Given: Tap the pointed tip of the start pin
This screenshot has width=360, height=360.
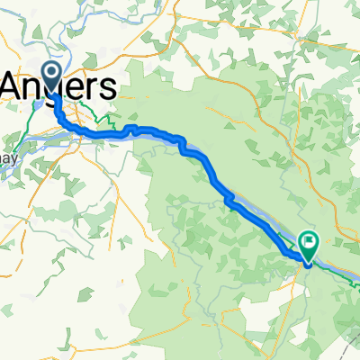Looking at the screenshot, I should click(x=53, y=94).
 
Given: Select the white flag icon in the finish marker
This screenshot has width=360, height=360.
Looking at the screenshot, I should click(x=309, y=241).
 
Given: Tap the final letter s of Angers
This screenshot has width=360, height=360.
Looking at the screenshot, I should click(x=109, y=86).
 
